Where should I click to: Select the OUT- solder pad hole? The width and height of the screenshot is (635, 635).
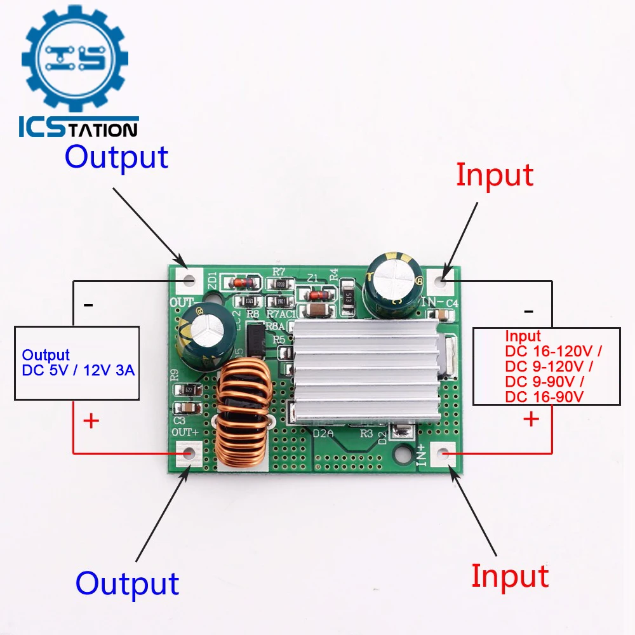pyautogui.click(x=189, y=280)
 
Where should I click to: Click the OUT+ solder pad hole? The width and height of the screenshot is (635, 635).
pyautogui.click(x=189, y=454)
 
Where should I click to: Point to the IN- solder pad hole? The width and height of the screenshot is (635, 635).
pyautogui.click(x=443, y=279)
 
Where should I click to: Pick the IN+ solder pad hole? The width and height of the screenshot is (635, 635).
pyautogui.click(x=443, y=454)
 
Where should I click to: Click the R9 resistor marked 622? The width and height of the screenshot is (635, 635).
pyautogui.click(x=189, y=389)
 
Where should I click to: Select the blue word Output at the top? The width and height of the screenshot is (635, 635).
pyautogui.click(x=116, y=157)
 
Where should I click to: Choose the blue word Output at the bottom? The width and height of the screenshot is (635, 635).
pyautogui.click(x=127, y=583)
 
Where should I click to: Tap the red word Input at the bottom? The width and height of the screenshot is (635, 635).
pyautogui.click(x=509, y=576)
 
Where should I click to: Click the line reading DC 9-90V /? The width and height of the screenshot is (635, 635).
pyautogui.click(x=544, y=382)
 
